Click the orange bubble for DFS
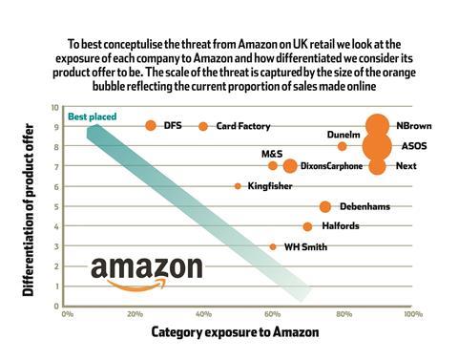click(151, 126)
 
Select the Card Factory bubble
click(203, 126)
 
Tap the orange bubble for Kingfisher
click(238, 186)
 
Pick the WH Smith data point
click(273, 246)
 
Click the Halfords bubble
click(307, 226)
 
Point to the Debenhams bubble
click(324, 206)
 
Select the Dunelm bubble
click(342, 146)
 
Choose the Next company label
click(406, 166)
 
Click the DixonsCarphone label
click(332, 166)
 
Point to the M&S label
click(272, 153)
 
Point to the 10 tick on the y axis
click(55, 107)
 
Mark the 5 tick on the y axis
click(57, 206)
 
